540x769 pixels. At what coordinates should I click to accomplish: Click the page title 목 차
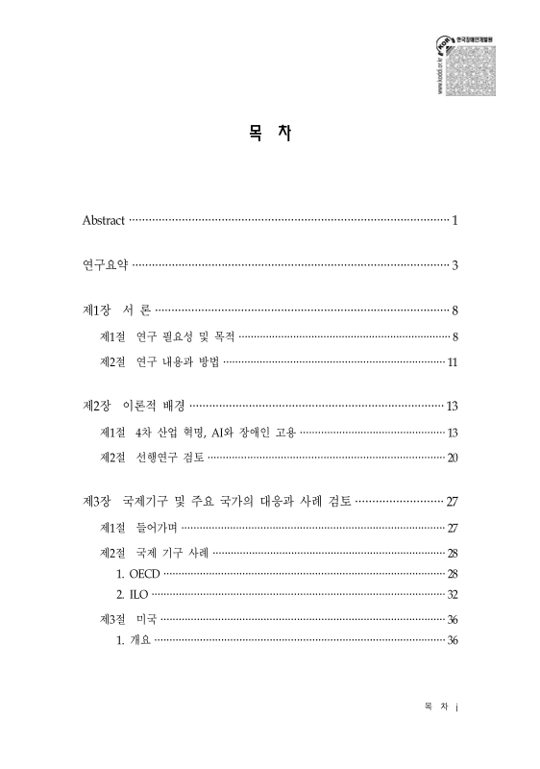coord(270,135)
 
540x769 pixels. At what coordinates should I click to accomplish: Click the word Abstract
coord(104,221)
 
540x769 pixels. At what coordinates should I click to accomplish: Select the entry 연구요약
coord(105,264)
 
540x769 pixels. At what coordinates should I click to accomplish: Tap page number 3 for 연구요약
coord(454,265)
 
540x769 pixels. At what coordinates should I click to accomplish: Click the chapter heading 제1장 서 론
coord(117,310)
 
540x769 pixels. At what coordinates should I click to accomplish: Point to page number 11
coord(452,362)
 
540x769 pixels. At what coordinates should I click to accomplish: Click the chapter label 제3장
coord(98,502)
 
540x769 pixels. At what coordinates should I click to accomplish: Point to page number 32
coord(452,595)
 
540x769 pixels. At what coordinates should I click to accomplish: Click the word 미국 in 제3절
coord(147,620)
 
